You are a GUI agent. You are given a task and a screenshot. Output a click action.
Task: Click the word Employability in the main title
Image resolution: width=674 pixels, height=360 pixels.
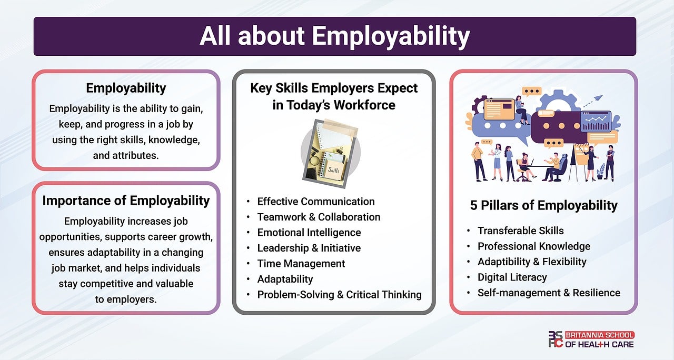pos(390,36)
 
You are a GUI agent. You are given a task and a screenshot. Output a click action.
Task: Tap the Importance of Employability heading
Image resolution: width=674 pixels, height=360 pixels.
pos(126,201)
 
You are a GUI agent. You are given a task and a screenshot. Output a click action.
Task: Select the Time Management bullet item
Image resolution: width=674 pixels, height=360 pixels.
pos(301,263)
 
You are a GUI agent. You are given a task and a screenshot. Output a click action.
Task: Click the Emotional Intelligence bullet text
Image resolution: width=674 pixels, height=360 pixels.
pos(309,232)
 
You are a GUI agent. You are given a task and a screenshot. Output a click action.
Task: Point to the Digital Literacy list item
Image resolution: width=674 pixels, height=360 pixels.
pos(512,277)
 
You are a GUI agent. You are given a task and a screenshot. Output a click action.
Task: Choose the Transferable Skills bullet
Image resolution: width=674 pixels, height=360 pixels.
pos(520,231)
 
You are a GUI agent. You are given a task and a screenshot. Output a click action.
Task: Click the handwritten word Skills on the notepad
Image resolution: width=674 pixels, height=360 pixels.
pos(333,170)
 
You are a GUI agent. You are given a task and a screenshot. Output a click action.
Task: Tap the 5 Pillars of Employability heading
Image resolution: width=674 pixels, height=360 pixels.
pos(543,205)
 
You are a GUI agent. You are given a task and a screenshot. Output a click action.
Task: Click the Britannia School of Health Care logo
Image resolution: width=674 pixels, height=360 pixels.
pos(591,339)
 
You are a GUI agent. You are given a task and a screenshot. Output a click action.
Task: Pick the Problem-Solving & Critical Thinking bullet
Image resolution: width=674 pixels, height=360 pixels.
pos(339,294)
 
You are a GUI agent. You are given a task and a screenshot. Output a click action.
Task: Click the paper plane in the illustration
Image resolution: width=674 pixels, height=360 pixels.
pos(599,97)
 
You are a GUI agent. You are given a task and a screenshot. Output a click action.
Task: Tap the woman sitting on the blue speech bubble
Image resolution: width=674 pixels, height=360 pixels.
pos(521,109)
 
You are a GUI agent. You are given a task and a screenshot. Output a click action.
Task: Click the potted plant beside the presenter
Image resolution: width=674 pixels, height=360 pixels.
pos(601,171)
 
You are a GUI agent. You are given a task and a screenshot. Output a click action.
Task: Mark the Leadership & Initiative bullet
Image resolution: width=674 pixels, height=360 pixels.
pos(309,247)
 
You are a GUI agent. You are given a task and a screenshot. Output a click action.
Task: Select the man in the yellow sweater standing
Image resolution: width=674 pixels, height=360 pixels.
pos(478,160)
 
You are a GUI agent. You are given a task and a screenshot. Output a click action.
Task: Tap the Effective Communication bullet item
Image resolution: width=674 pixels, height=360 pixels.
pos(315,201)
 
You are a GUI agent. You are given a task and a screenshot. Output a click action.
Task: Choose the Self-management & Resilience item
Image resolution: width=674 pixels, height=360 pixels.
pos(549,292)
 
